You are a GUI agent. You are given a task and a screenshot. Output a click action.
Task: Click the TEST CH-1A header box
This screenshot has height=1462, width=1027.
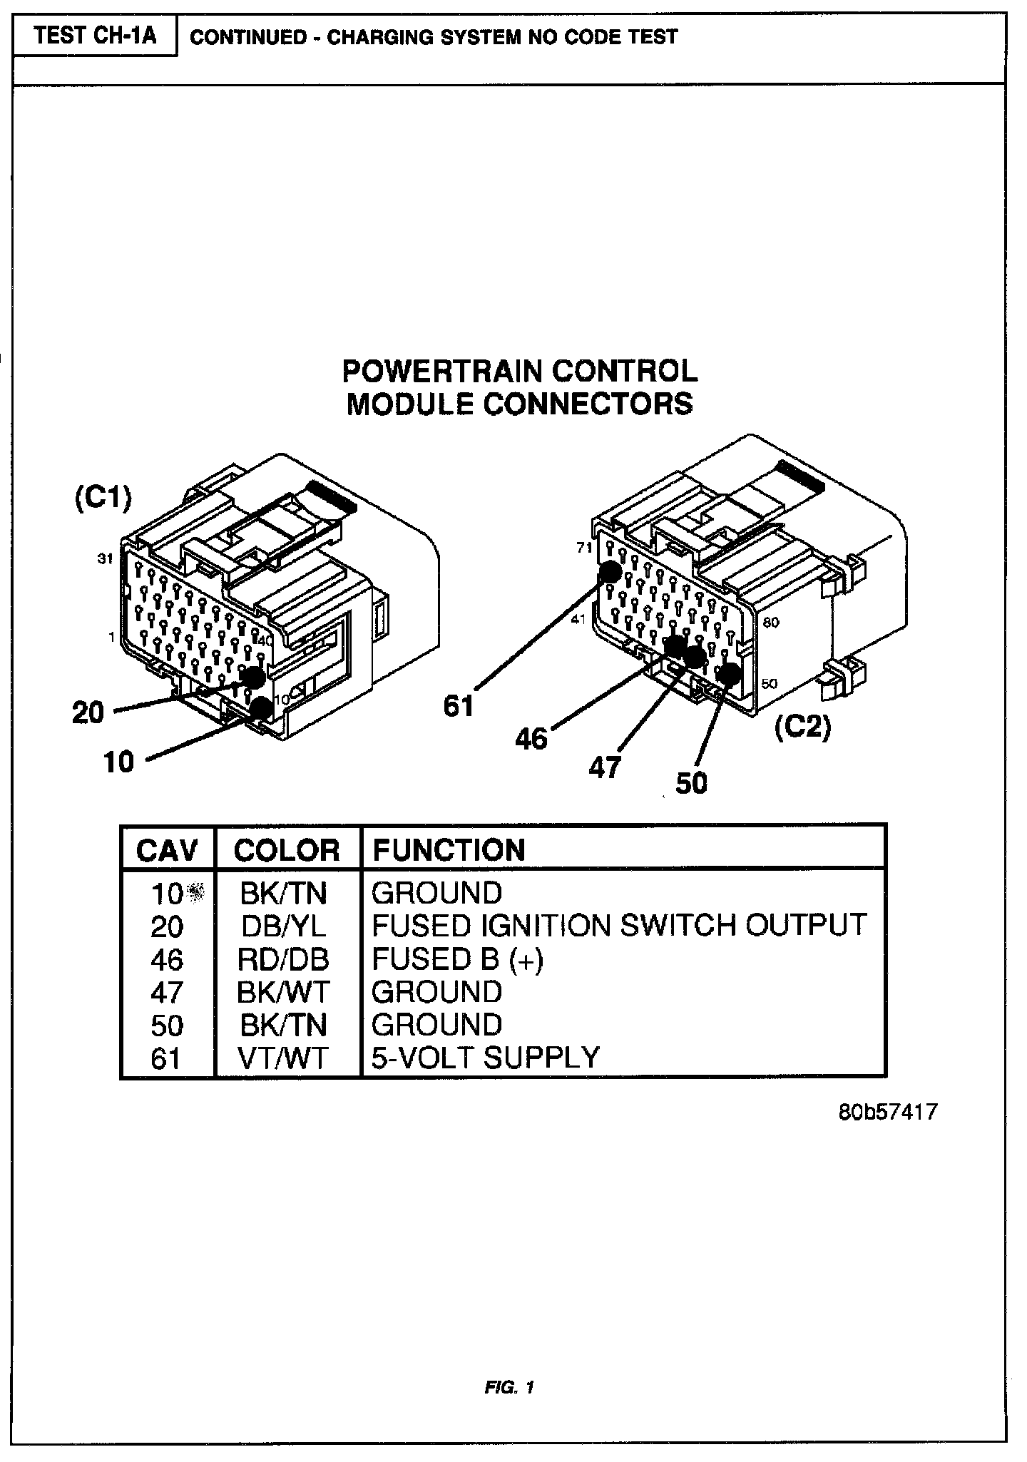pos(95,36)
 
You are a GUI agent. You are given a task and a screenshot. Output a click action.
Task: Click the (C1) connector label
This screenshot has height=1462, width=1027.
pos(103,499)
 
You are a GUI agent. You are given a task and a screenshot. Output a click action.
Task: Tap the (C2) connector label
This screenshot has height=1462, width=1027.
pos(803,728)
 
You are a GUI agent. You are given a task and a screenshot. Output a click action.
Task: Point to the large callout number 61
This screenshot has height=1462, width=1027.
pos(459,705)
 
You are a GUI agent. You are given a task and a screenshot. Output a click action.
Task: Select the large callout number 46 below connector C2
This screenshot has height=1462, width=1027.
pos(531,739)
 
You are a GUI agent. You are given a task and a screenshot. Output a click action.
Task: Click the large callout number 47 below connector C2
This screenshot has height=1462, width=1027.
pos(605,768)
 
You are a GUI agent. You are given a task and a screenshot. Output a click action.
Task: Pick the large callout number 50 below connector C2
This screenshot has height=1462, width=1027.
pos(691,783)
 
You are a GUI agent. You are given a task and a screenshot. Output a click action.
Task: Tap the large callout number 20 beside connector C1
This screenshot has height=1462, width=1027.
pos(88,712)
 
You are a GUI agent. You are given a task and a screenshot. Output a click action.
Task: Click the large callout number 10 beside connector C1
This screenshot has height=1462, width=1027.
pos(118,762)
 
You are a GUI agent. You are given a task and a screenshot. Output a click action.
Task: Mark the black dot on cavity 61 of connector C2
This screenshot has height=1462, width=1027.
pos(610,572)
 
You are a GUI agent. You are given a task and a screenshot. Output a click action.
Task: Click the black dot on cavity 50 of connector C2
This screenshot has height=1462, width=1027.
pos(728,673)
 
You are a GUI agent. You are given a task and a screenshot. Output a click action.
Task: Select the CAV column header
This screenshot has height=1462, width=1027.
pos(167,850)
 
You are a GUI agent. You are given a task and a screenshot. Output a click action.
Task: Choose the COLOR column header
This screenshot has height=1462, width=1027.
pos(287,850)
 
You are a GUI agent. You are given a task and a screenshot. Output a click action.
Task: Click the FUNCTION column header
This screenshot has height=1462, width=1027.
pos(449,850)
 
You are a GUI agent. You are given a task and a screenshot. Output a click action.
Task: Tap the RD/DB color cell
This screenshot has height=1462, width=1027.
pos(283,959)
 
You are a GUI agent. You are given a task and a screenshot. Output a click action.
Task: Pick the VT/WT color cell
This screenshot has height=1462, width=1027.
pos(283,1058)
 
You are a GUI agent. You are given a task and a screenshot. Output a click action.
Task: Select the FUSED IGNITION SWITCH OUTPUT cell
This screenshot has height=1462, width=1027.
pos(619,926)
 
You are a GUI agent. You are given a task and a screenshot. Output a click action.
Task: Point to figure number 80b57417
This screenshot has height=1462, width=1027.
pos(887,1112)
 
